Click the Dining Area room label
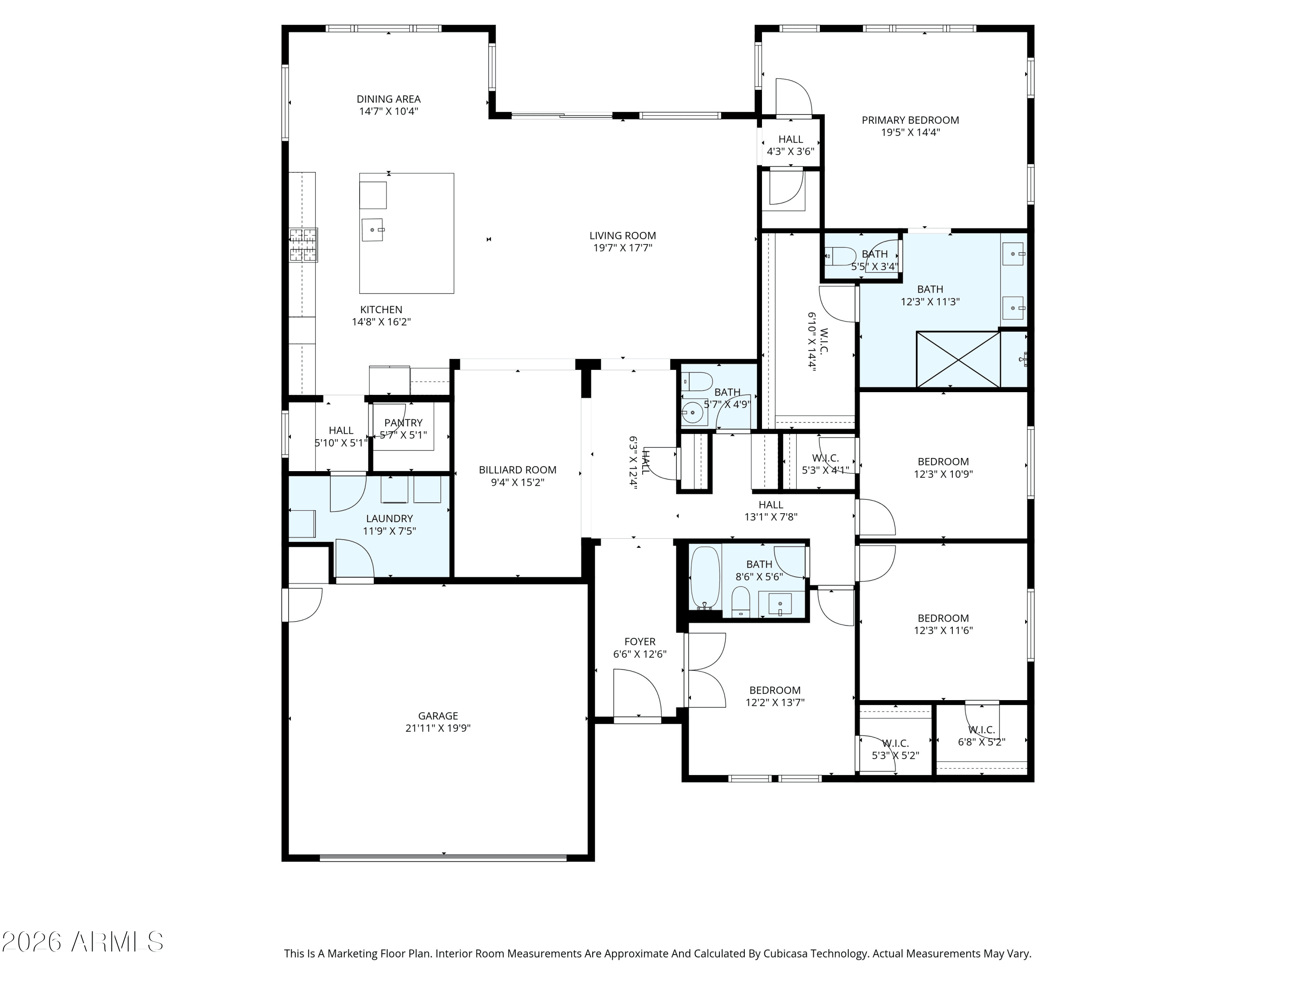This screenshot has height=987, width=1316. coord(389,99)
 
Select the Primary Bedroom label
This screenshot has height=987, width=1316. coord(910,120)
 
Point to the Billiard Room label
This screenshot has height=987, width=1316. coord(518,470)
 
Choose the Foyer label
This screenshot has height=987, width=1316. coord(640,641)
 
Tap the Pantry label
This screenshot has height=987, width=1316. coord(404,423)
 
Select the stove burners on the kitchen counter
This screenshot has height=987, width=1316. coord(304,245)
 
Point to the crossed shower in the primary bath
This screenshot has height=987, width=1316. coord(958,359)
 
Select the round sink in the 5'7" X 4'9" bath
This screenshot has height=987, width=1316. coord(693,412)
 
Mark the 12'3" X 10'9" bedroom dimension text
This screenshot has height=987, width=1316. coord(944,474)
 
